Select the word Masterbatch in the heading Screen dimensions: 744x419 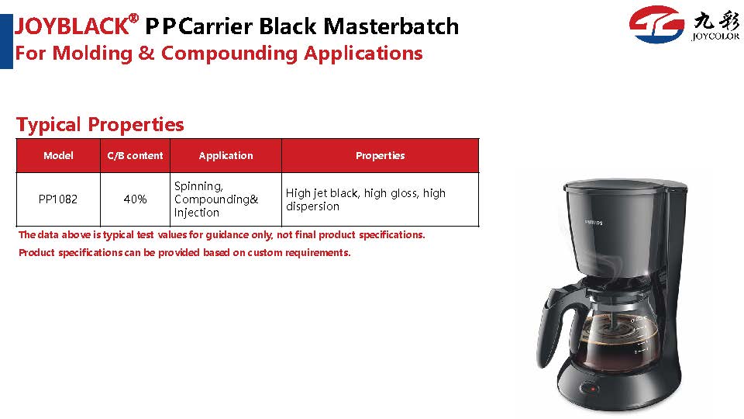click(391, 26)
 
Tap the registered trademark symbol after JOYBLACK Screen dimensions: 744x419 click(134, 19)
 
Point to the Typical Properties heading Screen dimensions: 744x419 click(100, 124)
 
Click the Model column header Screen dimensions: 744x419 click(58, 155)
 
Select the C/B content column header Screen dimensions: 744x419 click(135, 155)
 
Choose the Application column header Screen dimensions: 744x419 click(226, 155)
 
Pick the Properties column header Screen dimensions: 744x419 click(380, 155)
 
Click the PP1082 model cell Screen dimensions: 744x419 click(58, 199)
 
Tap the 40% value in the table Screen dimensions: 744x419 click(135, 199)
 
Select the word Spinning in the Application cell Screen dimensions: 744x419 click(198, 186)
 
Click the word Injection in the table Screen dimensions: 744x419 click(196, 213)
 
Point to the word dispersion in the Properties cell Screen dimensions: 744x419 click(312, 206)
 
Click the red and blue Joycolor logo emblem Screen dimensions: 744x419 click(656, 24)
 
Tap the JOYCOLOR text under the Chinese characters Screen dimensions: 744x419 click(715, 36)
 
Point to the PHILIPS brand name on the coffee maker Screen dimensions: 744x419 click(594, 222)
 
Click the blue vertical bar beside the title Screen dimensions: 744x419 click(6, 41)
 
